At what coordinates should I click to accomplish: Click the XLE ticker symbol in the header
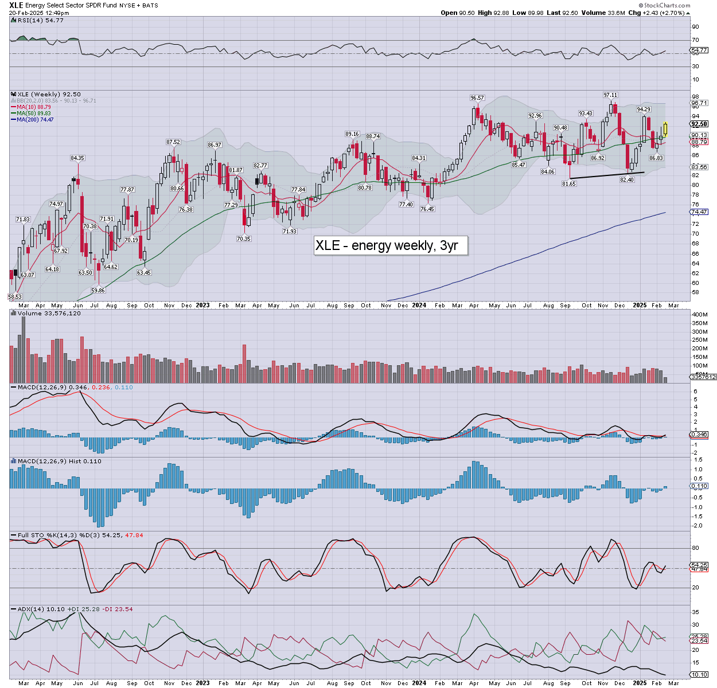click(x=16, y=5)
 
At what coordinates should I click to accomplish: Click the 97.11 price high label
click(x=610, y=95)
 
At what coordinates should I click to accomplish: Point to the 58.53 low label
click(x=14, y=296)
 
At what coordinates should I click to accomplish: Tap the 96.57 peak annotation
click(x=477, y=98)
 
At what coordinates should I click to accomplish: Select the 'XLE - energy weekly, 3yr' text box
click(x=390, y=245)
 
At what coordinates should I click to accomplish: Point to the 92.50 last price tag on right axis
click(x=699, y=124)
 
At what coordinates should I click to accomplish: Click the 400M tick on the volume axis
click(x=699, y=315)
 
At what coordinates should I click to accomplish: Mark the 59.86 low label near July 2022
click(x=98, y=291)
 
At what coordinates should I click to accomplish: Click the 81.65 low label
click(x=568, y=183)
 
